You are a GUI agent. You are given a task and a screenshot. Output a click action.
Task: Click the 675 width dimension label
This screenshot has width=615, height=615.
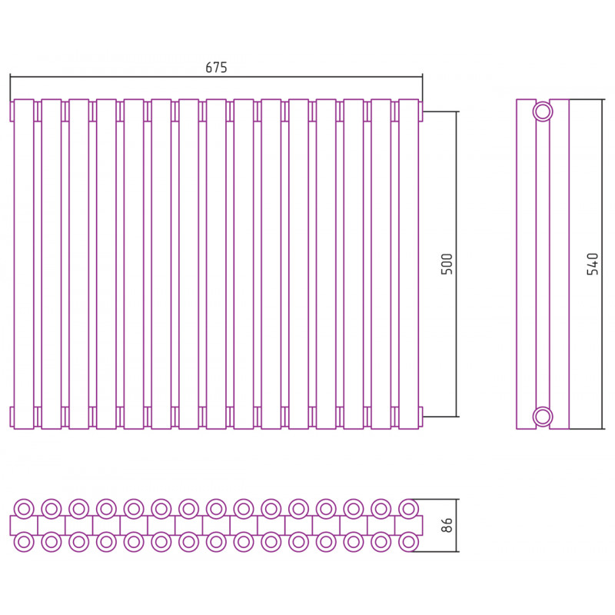pyautogui.click(x=216, y=68)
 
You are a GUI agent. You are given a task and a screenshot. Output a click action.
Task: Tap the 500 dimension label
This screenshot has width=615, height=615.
pyautogui.click(x=447, y=264)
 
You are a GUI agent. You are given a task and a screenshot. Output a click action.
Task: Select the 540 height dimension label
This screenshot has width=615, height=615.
pyautogui.click(x=593, y=264)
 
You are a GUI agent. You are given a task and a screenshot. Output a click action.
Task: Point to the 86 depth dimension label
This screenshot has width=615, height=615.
pyautogui.click(x=447, y=525)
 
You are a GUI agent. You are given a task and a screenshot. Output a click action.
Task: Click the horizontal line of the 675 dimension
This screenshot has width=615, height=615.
pyautogui.click(x=216, y=77)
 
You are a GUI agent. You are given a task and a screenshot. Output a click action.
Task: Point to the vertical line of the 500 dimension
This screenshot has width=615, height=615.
pyautogui.click(x=457, y=264)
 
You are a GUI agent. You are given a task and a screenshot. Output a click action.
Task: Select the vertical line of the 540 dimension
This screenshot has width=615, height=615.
pyautogui.click(x=602, y=264)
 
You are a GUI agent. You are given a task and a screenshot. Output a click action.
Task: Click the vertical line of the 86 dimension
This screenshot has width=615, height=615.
pyautogui.click(x=457, y=525)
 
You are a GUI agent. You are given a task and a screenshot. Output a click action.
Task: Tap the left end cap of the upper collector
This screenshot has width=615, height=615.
pyautogui.click(x=12, y=111)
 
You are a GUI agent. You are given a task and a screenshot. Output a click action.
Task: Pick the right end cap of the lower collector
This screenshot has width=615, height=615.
pyautogui.click(x=421, y=417)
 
